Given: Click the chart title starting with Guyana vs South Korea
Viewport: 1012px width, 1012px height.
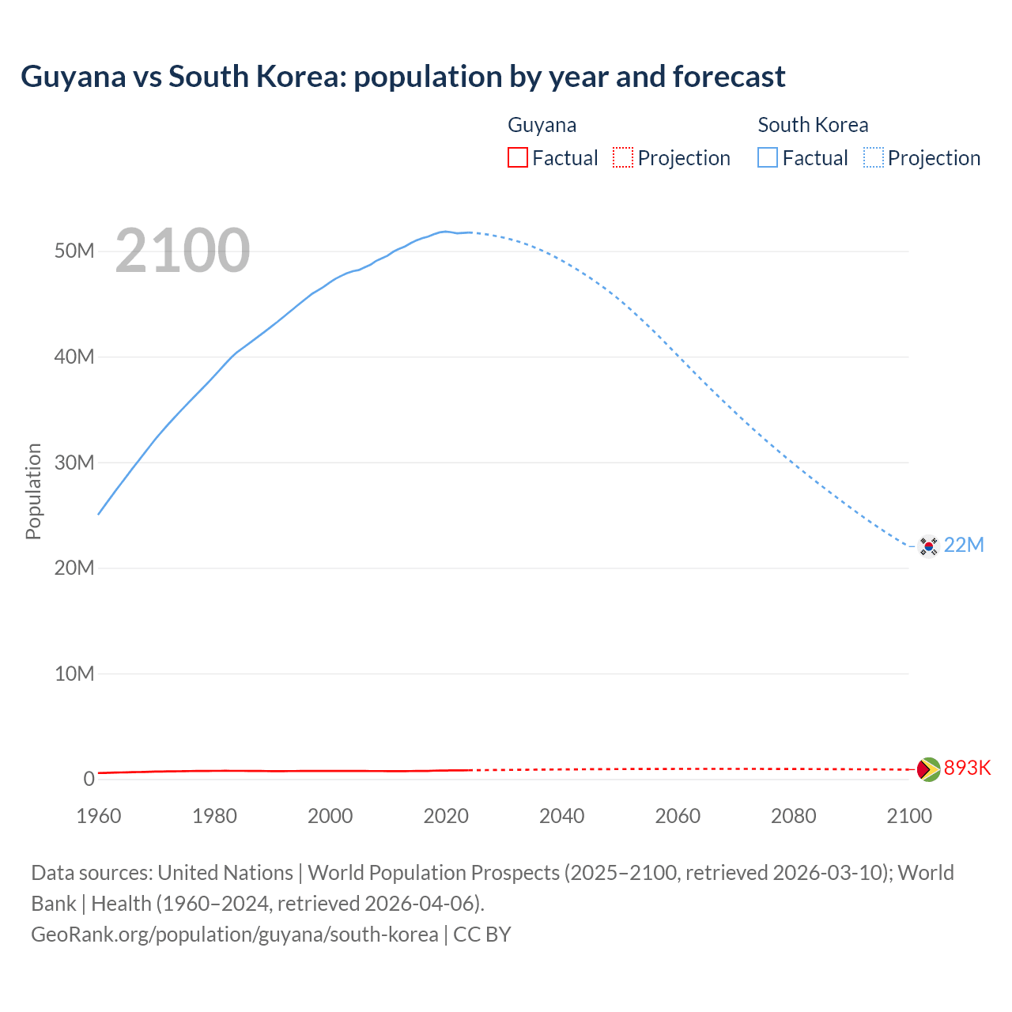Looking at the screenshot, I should [402, 77].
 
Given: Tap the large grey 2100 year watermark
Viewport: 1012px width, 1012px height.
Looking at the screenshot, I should [183, 251].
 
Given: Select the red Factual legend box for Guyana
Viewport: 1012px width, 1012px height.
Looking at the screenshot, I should [517, 157].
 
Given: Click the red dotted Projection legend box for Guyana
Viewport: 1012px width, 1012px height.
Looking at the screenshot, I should [623, 157].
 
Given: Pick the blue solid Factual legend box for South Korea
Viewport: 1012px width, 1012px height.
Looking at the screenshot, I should [768, 157].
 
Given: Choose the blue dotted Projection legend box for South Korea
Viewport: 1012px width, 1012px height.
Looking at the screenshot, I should [874, 157].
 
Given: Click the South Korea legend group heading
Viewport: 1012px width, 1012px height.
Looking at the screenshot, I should [813, 125].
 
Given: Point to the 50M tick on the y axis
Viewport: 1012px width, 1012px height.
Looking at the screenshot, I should [74, 251].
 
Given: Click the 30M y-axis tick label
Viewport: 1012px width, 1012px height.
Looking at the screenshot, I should [74, 463].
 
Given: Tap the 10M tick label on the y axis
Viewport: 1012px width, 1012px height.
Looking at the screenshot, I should [74, 674].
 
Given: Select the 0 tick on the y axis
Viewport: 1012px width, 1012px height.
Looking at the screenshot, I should [89, 779].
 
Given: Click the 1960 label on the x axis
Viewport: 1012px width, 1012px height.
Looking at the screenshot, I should [99, 816].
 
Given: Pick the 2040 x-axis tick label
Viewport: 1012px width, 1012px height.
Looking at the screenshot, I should [562, 816].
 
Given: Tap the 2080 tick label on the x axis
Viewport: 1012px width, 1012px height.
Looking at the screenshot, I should [794, 816].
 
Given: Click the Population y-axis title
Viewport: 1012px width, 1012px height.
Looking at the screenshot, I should [33, 491].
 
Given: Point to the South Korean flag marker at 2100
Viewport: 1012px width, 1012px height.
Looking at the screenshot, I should [928, 546].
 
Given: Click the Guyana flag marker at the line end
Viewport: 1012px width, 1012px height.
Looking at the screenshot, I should [928, 769].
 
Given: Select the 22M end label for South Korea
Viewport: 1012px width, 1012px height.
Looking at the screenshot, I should [964, 545].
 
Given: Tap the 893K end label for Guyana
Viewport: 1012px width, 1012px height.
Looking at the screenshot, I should [967, 768].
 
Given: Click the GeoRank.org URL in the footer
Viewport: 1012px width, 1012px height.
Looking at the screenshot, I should [234, 934].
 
